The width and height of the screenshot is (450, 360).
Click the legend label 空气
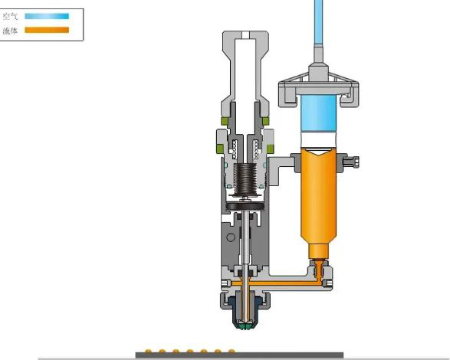10,16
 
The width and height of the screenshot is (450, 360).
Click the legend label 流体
10,31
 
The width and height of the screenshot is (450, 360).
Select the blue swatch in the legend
47,16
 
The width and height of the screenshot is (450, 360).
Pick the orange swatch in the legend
47,30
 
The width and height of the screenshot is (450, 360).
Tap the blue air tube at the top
319,21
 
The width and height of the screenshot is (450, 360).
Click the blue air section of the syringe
319,113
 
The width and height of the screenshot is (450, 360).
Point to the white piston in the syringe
319,140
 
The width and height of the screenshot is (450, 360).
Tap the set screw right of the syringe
351,162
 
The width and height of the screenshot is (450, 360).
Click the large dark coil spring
245,179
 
